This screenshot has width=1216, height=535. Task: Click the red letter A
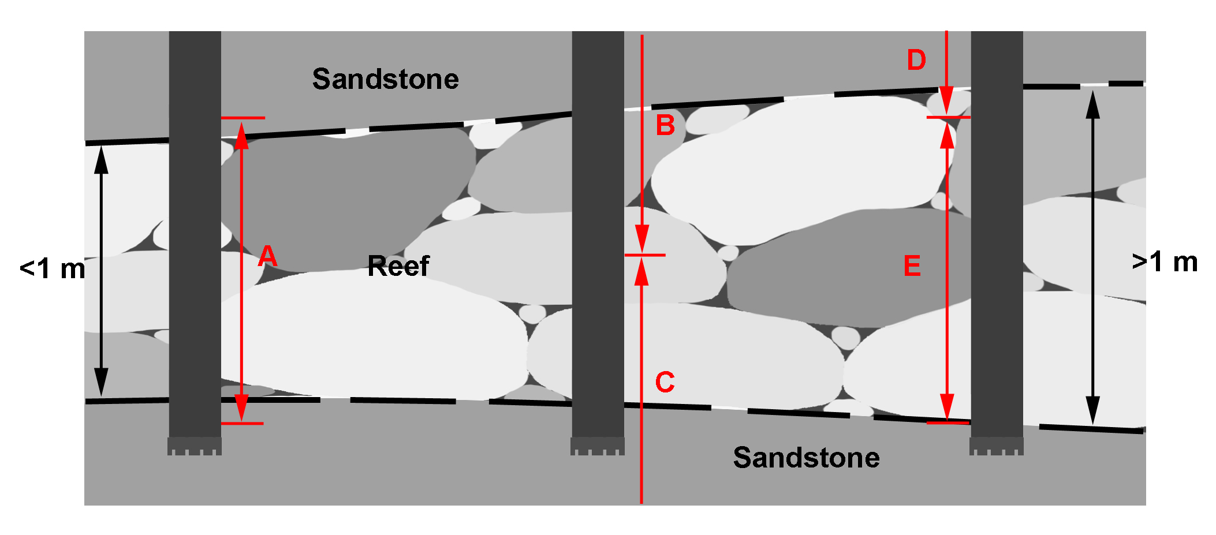tap(267, 256)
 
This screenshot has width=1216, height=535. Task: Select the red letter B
tap(665, 125)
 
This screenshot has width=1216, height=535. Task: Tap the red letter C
tap(665, 382)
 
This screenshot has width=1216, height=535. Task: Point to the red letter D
tap(916, 60)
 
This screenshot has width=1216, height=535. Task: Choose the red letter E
tap(912, 266)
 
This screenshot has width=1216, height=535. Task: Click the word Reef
tap(398, 266)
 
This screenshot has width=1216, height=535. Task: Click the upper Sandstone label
tap(385, 79)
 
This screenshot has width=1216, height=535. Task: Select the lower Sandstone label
tap(806, 458)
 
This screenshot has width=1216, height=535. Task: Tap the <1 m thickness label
tap(52, 269)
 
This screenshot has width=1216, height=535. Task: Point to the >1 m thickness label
tap(1165, 262)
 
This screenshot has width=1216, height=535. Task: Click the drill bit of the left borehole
tap(195, 446)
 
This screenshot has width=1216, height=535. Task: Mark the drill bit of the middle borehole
tap(598, 446)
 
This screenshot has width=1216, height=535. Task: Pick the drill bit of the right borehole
tap(997, 446)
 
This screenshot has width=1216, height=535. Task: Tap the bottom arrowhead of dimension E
tap(947, 407)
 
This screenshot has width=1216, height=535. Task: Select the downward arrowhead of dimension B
tap(641, 240)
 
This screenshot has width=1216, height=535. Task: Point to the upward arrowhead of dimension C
tap(641, 271)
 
